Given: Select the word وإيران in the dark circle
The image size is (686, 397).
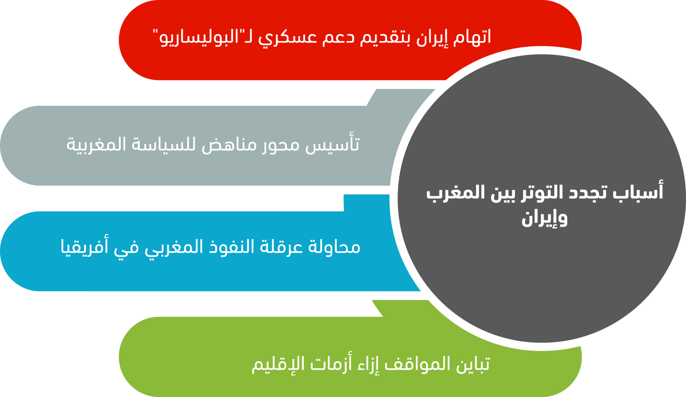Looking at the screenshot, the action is click(544, 218).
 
